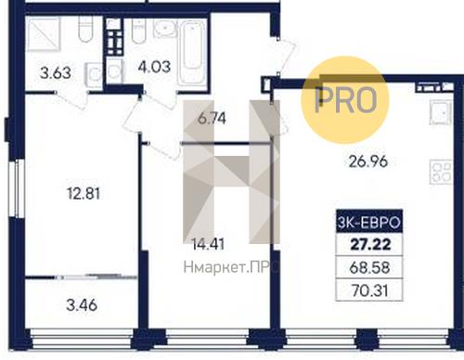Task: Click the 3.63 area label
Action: click(x=56, y=73)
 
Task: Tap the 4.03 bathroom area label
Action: click(x=154, y=67)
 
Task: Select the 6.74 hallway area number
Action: click(x=212, y=119)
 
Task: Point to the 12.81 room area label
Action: click(x=84, y=194)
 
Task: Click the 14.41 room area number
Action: click(x=208, y=244)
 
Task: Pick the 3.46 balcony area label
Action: click(x=82, y=305)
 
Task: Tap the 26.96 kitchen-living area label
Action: click(x=368, y=161)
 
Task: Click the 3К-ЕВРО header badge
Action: click(x=369, y=222)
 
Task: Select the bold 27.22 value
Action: click(x=370, y=244)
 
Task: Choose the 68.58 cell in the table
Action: click(x=369, y=267)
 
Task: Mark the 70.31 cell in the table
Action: click(x=370, y=290)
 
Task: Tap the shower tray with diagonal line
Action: click(x=43, y=34)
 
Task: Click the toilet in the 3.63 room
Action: click(x=85, y=29)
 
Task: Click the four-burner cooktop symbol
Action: click(x=442, y=172)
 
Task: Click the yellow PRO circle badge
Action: click(x=345, y=99)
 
